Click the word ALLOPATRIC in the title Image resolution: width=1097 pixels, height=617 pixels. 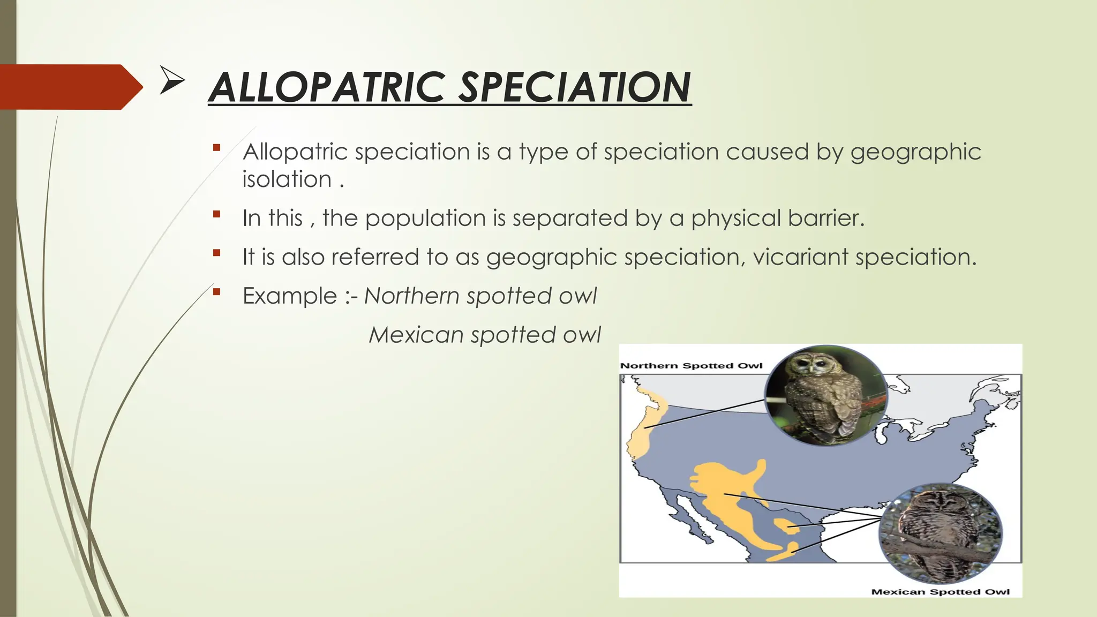[x=327, y=88]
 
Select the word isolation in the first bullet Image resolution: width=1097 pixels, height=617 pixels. [x=287, y=179]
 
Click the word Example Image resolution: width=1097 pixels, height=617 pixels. [x=290, y=296]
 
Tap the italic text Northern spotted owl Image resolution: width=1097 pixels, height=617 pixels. [x=480, y=296]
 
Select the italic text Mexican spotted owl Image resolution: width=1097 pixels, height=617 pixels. [x=485, y=335]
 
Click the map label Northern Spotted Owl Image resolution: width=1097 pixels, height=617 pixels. [x=691, y=366]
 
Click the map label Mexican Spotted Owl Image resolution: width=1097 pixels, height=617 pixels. [x=940, y=592]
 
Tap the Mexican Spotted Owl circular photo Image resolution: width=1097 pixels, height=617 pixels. [x=940, y=533]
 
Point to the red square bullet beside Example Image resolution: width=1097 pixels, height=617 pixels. [x=216, y=292]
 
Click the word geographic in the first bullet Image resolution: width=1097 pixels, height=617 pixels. [x=915, y=152]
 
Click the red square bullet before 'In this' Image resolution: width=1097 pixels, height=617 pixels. [x=216, y=214]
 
